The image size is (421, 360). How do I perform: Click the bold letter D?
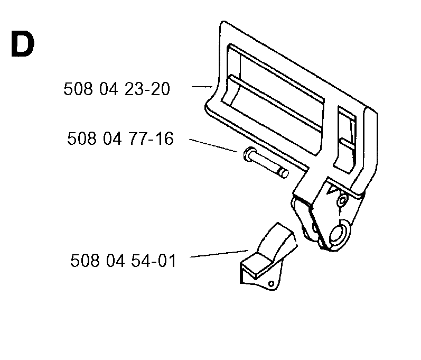coord(23,44)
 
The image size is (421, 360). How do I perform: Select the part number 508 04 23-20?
coord(117,89)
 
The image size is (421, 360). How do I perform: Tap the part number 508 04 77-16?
coord(120,139)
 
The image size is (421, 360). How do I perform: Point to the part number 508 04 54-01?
coord(123,261)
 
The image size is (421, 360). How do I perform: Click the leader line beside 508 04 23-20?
coord(202,87)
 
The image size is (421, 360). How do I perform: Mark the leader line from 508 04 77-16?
coord(213,145)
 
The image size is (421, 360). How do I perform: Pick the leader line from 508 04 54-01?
coord(219,254)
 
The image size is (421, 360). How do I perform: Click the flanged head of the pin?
coord(249,154)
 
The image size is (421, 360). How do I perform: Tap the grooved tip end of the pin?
coord(283,173)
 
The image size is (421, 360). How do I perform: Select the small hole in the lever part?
coord(271,284)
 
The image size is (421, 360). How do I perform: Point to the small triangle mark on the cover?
coord(332,190)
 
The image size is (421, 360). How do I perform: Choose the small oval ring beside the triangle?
coord(342,199)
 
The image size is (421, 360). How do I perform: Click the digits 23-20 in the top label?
coord(147,89)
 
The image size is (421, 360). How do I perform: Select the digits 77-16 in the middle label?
coord(151,139)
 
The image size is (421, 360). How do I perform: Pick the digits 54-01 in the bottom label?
coord(154,261)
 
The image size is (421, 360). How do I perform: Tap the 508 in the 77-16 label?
coord(82,139)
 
